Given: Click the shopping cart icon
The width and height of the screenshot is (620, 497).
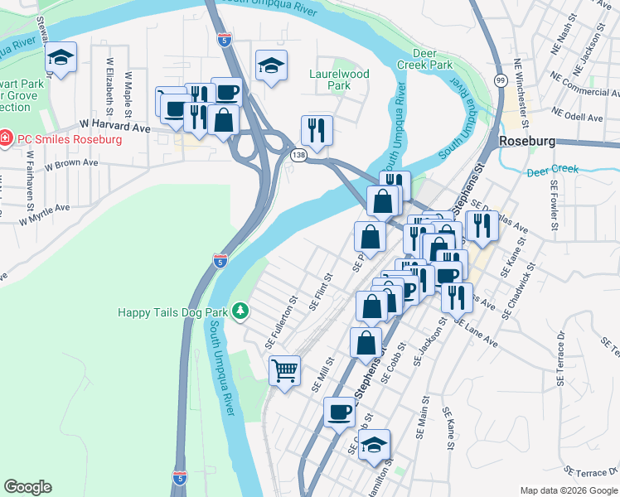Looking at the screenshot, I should tap(284, 369).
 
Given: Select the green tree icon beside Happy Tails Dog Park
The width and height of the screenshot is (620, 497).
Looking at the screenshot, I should tap(240, 311).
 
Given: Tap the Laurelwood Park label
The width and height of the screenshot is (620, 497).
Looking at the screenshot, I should tap(339, 80).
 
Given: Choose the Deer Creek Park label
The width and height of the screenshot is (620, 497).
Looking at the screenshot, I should tap(433, 58).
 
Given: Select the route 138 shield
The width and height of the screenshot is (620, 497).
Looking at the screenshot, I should tap(298, 154).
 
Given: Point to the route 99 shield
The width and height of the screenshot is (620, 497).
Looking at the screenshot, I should tap(501, 80).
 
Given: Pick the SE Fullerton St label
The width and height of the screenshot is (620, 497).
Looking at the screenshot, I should tap(280, 322).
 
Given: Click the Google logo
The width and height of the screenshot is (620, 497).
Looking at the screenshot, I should tap(27, 487).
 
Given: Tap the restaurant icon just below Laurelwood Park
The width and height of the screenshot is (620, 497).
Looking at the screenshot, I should tap(316, 129).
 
